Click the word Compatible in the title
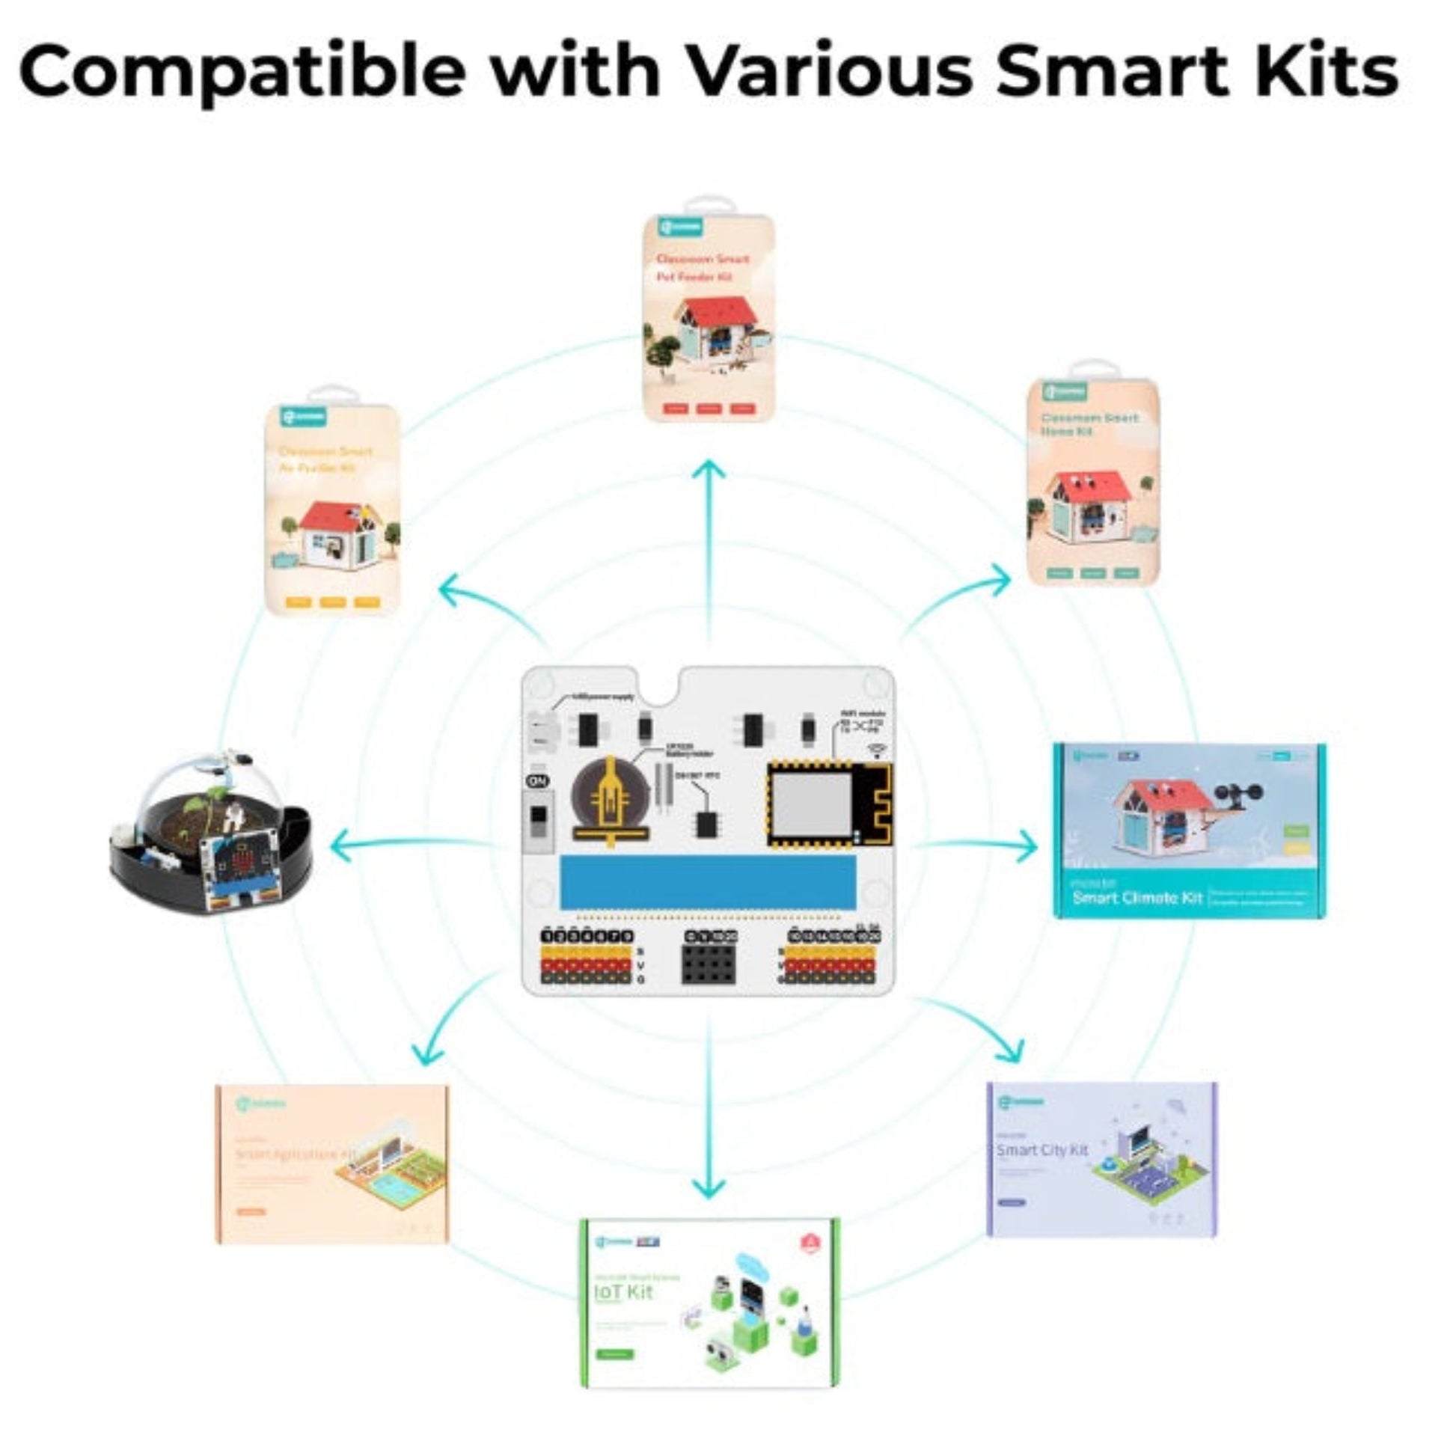click(x=241, y=72)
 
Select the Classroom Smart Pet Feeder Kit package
click(x=709, y=316)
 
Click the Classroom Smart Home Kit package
click(x=1093, y=483)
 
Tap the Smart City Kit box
click(x=1101, y=1160)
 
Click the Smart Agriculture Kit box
click(x=331, y=1164)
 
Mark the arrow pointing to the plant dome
click(x=407, y=845)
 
